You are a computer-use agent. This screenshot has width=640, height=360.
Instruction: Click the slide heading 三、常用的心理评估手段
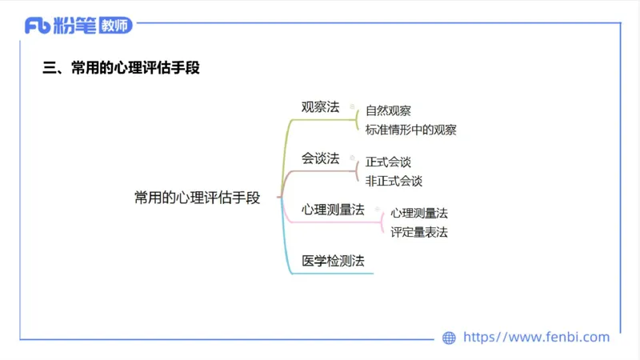click(x=121, y=68)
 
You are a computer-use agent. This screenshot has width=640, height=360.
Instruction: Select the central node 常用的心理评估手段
click(x=198, y=198)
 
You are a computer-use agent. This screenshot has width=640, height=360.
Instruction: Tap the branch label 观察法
click(x=320, y=107)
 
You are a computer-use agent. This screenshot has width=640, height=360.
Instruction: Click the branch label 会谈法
click(x=320, y=158)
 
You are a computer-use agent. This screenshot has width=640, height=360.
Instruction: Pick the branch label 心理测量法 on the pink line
click(x=333, y=210)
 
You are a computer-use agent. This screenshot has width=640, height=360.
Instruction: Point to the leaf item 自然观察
click(x=388, y=111)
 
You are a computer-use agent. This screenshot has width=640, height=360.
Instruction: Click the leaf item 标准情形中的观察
click(x=410, y=130)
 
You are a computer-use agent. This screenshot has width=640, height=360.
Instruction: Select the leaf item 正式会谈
click(x=388, y=162)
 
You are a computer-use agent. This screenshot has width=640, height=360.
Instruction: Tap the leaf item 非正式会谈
click(x=394, y=181)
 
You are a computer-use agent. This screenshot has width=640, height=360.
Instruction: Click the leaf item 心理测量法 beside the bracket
click(x=419, y=214)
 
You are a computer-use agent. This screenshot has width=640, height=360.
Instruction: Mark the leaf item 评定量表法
click(x=419, y=232)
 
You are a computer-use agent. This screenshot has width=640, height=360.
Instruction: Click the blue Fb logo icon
click(x=38, y=26)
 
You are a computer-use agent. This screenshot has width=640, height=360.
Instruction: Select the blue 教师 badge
click(x=117, y=26)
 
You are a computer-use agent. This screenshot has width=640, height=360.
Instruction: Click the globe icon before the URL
click(x=449, y=338)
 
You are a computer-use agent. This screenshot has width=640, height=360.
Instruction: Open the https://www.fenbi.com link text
click(x=537, y=338)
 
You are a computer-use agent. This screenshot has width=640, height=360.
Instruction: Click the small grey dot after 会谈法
click(x=352, y=157)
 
